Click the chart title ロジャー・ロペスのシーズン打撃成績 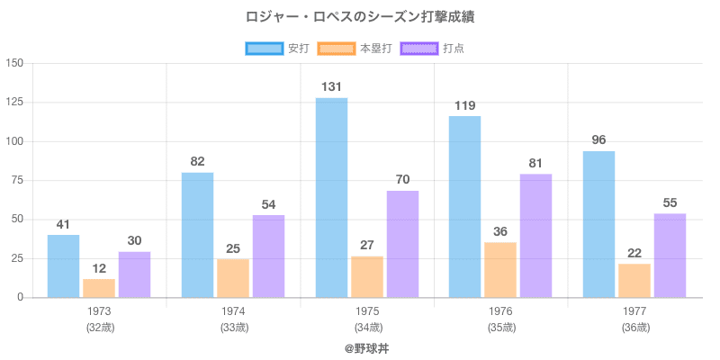[360, 17]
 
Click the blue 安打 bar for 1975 [331, 197]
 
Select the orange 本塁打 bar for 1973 [99, 288]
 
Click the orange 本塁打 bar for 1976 [500, 269]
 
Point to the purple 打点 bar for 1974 [268, 256]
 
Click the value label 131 [331, 87]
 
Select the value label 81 [536, 164]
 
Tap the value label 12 [99, 268]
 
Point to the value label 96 [598, 140]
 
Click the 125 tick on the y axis [13, 103]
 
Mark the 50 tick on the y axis [17, 220]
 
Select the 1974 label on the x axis [233, 310]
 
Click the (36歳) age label [634, 327]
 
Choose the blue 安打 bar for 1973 [63, 265]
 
